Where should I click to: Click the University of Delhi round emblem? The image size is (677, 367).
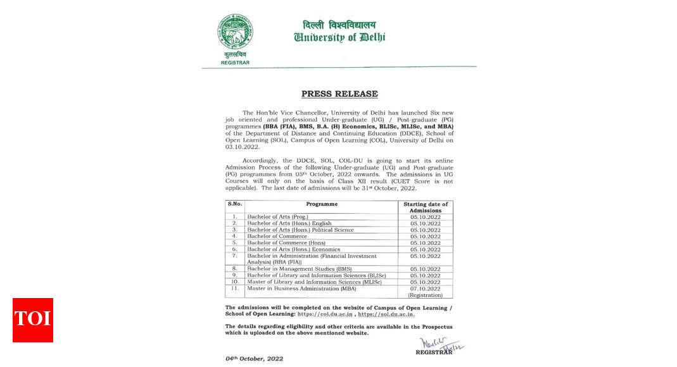tap(235, 32)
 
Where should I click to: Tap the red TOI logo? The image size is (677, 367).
tap(32, 320)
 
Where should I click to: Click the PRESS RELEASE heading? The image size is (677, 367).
tap(339, 94)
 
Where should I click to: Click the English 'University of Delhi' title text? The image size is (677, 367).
tap(339, 37)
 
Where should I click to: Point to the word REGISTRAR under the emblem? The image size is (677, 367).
tap(235, 63)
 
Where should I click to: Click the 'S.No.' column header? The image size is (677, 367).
tap(235, 204)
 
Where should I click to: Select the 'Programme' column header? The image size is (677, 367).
tap(322, 204)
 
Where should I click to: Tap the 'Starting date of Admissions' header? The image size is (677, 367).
tap(425, 207)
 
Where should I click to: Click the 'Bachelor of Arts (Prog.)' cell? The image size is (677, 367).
tap(278, 216)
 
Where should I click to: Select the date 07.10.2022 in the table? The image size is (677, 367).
tap(425, 289)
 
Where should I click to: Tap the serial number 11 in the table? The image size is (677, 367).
tap(235, 289)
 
